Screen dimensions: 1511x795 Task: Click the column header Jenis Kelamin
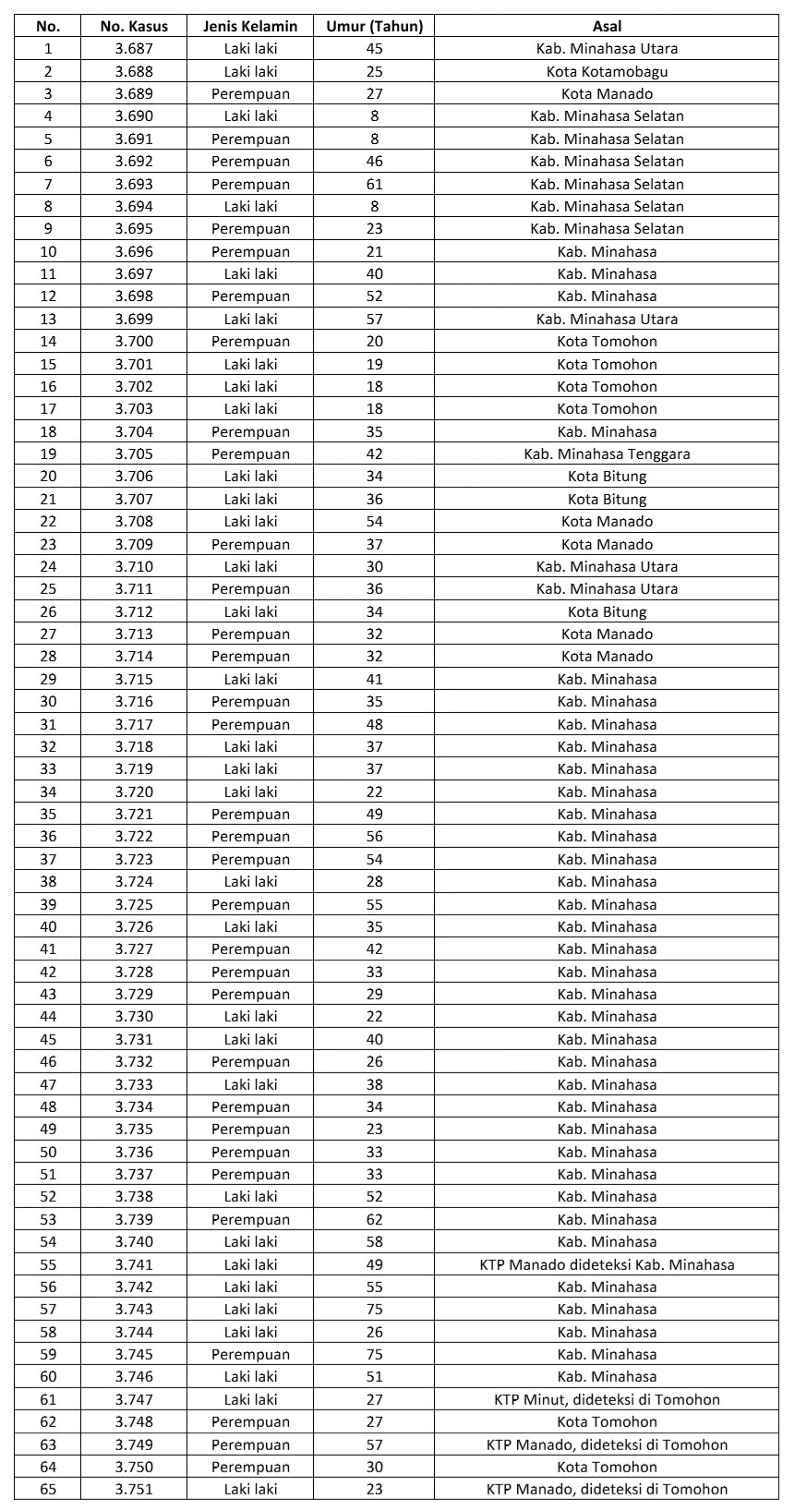point(250,26)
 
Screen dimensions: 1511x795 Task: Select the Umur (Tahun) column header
point(374,26)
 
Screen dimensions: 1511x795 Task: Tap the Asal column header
point(607,26)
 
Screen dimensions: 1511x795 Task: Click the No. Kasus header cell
point(134,26)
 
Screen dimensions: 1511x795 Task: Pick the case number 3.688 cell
point(134,71)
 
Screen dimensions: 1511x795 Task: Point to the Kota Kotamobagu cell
point(607,71)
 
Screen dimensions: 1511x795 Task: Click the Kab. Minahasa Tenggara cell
point(607,453)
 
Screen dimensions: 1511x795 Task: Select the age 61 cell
point(374,184)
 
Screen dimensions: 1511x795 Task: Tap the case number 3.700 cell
point(134,341)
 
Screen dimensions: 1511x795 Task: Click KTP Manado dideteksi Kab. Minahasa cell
point(607,1264)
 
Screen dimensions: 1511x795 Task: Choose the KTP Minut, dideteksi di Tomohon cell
point(607,1399)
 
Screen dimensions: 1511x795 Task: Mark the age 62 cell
point(374,1219)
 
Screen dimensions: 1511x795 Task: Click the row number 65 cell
point(48,1489)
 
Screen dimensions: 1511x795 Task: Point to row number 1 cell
point(48,48)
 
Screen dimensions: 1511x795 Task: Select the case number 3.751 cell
point(134,1489)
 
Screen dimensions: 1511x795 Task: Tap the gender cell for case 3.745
point(250,1354)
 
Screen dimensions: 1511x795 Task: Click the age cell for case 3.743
point(374,1309)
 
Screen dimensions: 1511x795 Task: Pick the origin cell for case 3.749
point(607,1445)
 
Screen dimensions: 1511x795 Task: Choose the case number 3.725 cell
point(134,904)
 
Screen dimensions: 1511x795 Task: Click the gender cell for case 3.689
point(250,93)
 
